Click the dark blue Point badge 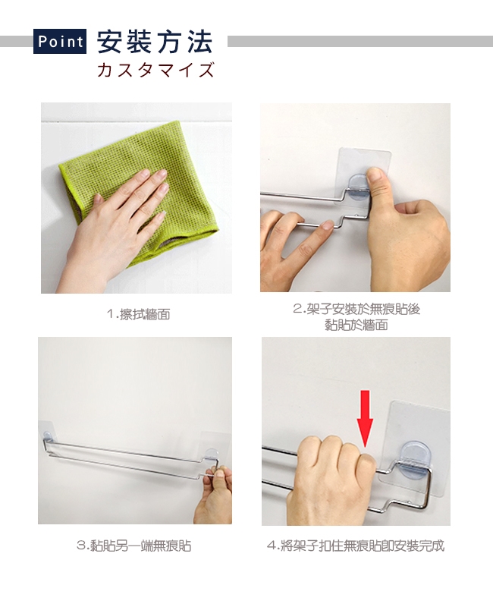(60, 41)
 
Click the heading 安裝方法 (155, 42)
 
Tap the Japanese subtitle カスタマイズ (155, 70)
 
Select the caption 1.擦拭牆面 (139, 314)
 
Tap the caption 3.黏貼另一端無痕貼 (134, 546)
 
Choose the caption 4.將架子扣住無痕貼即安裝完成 (356, 546)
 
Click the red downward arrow (365, 418)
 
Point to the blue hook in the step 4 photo (415, 461)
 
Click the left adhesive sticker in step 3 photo (48, 437)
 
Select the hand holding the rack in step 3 (214, 495)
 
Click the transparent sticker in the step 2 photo (362, 178)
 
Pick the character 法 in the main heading (200, 42)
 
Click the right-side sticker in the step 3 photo (216, 448)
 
